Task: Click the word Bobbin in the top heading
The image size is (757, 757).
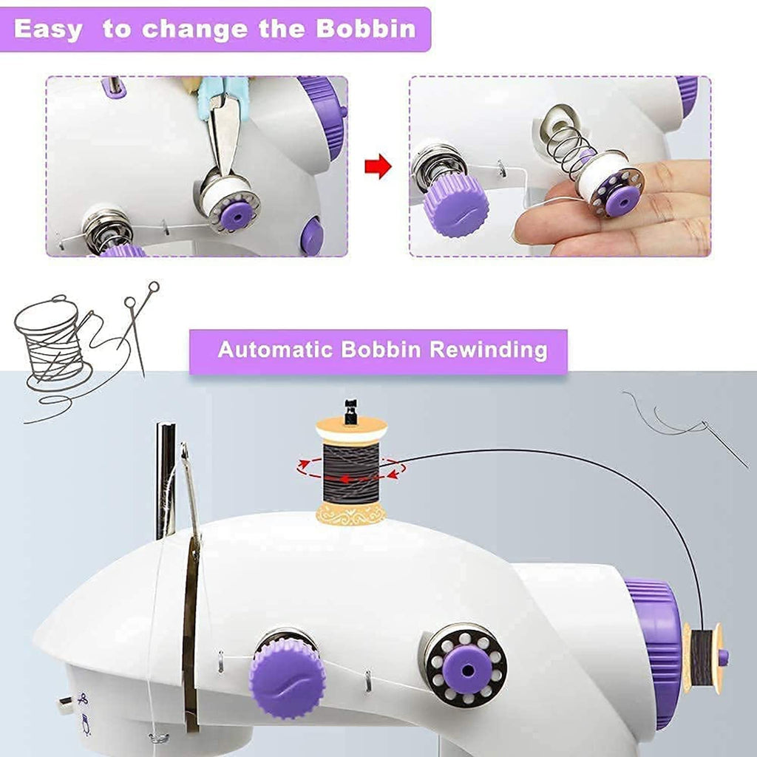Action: tap(366, 30)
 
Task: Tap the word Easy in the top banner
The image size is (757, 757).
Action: tap(48, 30)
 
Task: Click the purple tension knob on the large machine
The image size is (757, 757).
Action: tap(285, 676)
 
